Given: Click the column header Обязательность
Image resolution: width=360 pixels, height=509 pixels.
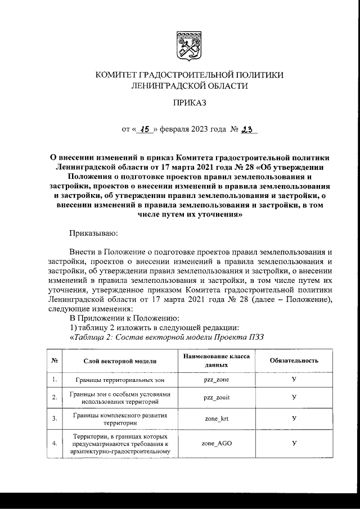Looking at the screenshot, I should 294,361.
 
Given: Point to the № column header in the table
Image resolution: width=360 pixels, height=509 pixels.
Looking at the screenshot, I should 54,361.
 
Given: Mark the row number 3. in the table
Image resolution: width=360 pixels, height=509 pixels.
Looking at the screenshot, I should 54,419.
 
